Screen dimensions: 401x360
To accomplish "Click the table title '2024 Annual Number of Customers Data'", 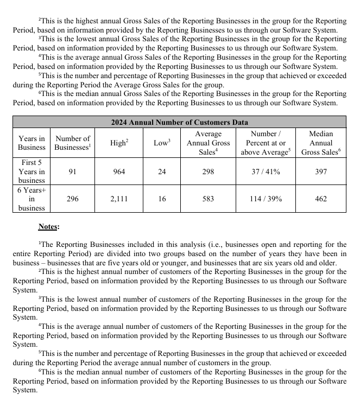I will [x=179, y=123].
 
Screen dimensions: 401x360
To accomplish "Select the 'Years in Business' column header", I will [x=31, y=143].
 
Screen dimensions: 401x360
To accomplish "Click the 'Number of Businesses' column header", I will [x=73, y=143].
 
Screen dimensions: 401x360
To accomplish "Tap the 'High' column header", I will [x=119, y=143].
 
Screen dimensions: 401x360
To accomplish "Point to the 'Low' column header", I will [x=162, y=143].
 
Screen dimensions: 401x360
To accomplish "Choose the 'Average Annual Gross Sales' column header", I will [x=208, y=143].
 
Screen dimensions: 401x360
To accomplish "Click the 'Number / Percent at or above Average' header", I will [x=266, y=143].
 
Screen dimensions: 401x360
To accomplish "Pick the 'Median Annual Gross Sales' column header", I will [x=320, y=143].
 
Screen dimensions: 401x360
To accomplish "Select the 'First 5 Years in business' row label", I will [x=31, y=171].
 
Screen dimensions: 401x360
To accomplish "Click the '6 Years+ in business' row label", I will [x=31, y=199].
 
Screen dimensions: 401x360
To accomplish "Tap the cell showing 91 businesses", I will [x=73, y=171].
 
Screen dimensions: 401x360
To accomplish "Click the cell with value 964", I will [x=119, y=171].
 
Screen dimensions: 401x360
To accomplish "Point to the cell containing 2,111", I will [x=119, y=199].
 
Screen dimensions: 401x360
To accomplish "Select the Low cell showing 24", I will [x=162, y=171].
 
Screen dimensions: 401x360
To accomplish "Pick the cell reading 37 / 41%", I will [x=266, y=171].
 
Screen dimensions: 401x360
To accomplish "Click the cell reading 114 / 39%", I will [x=266, y=199].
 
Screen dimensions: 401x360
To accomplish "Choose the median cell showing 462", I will [x=320, y=199].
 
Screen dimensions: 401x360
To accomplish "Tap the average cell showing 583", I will [x=208, y=199].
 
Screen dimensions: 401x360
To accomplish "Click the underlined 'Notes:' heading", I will [x=49, y=226].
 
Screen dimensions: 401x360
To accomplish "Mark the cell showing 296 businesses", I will [x=73, y=199].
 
